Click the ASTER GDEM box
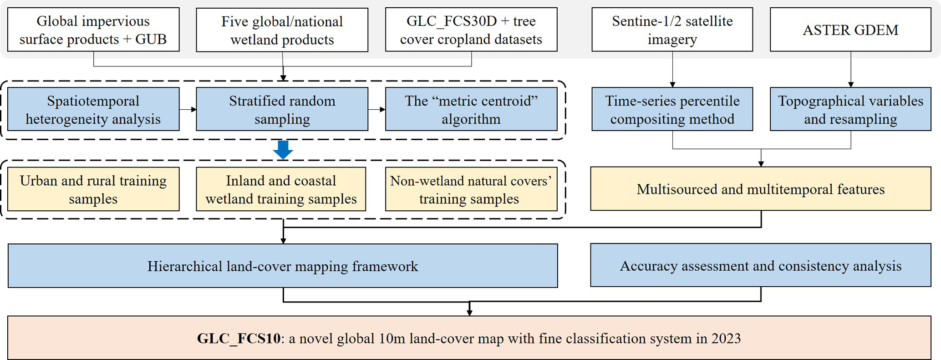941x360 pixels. [x=850, y=30]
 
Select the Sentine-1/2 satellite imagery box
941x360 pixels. [x=672, y=30]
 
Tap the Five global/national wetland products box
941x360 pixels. [x=282, y=30]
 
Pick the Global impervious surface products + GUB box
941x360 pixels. [x=93, y=30]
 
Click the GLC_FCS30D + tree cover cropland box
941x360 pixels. [x=471, y=30]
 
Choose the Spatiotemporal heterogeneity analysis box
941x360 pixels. [x=93, y=109]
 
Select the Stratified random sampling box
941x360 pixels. [x=282, y=109]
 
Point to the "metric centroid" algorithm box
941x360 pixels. [x=471, y=109]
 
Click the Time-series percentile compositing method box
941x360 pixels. [x=672, y=109]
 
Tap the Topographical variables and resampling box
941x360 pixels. [x=850, y=109]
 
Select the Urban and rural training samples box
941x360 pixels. [x=93, y=189]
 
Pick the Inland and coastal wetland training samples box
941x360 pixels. [x=281, y=189]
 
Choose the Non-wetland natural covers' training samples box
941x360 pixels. [x=471, y=189]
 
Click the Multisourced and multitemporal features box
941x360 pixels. [x=760, y=189]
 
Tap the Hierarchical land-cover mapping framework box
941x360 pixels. [x=283, y=266]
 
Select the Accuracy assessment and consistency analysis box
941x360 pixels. [x=760, y=265]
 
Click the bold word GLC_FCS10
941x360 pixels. [x=239, y=339]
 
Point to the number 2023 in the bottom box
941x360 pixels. [x=726, y=339]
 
